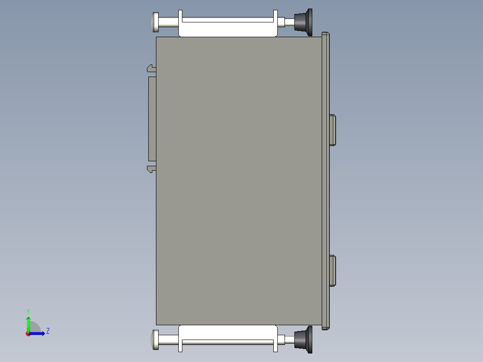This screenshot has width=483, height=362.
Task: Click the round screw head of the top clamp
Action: pyautogui.click(x=155, y=22)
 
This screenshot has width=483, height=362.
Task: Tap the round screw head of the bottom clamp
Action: pyautogui.click(x=155, y=340)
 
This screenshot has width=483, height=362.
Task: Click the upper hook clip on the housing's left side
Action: pyautogui.click(x=151, y=68)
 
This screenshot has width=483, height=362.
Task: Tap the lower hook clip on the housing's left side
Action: pyautogui.click(x=151, y=169)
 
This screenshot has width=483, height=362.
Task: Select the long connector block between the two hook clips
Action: pyautogui.click(x=152, y=119)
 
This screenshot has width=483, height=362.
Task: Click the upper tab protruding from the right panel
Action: pyautogui.click(x=332, y=130)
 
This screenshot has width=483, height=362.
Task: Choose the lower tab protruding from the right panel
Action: pyautogui.click(x=332, y=271)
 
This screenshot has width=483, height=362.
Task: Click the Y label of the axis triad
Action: pyautogui.click(x=28, y=311)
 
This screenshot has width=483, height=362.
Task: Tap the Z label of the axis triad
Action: pyautogui.click(x=47, y=331)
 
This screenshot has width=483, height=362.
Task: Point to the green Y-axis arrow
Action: pyautogui.click(x=28, y=323)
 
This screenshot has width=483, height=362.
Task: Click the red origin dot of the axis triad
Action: pyautogui.click(x=28, y=334)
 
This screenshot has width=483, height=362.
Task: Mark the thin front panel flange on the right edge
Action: pyautogui.click(x=326, y=179)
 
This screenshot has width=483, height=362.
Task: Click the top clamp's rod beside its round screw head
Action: pyautogui.click(x=168, y=22)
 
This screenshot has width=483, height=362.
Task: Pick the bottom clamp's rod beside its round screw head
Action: pyautogui.click(x=168, y=340)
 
